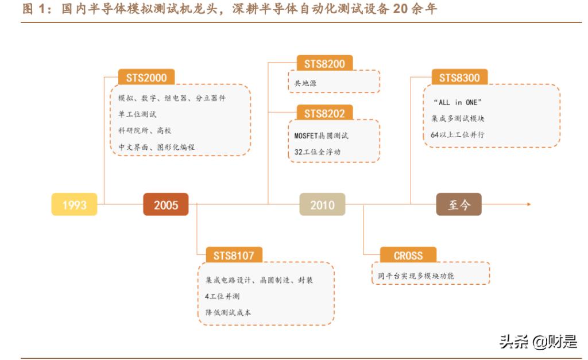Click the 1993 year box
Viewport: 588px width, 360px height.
(74, 204)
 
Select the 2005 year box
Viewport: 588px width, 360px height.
(165, 204)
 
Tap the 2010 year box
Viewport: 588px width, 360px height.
(322, 204)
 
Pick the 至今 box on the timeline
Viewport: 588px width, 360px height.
(458, 204)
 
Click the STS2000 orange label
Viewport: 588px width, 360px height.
(146, 77)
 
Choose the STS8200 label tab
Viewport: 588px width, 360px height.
(324, 63)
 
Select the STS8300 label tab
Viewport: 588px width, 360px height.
(459, 77)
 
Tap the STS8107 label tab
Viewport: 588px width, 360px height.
(230, 255)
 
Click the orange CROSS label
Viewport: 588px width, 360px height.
(408, 255)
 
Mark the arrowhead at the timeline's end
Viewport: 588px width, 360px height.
(529, 204)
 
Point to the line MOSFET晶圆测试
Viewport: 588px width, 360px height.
(322, 136)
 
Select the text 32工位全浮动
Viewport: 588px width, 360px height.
(318, 152)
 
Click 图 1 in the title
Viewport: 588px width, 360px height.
(35, 10)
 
